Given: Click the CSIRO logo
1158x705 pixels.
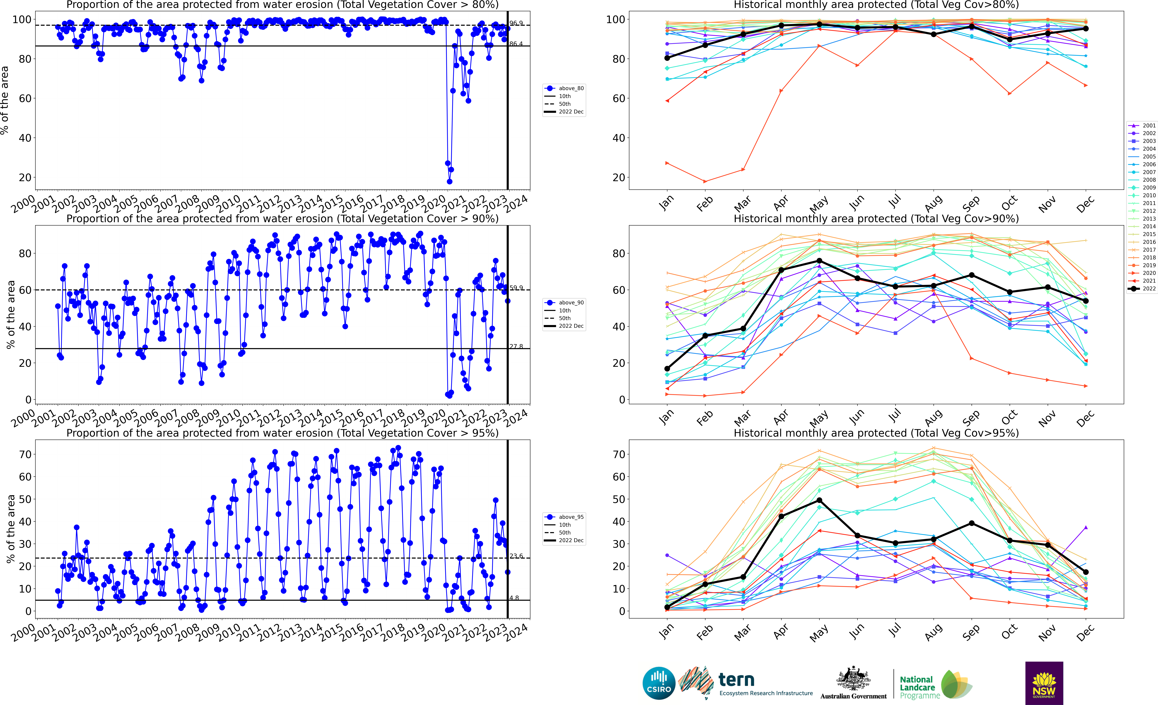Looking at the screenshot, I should (659, 683).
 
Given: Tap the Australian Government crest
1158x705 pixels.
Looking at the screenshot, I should (853, 679).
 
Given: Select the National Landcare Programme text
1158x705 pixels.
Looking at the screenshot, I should (919, 687).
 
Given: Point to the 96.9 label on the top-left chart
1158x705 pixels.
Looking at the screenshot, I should (516, 23).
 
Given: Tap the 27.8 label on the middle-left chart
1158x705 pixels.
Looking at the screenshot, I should (516, 346).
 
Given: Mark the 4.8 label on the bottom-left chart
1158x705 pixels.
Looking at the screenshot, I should (514, 598).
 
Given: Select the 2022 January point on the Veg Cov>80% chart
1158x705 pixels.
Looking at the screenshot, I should (667, 58).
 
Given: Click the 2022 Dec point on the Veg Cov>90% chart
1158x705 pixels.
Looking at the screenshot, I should (1086, 301).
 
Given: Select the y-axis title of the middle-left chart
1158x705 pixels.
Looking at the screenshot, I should (10, 315).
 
